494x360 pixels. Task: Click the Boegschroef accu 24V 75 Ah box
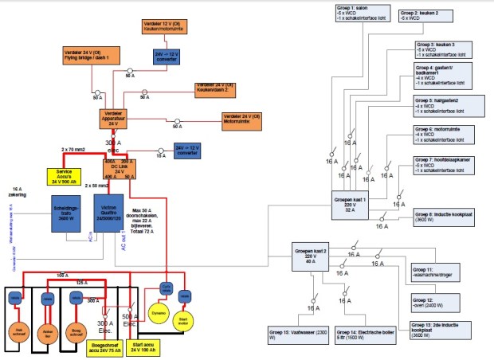click(x=102, y=346)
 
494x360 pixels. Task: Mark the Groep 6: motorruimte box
click(x=444, y=135)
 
